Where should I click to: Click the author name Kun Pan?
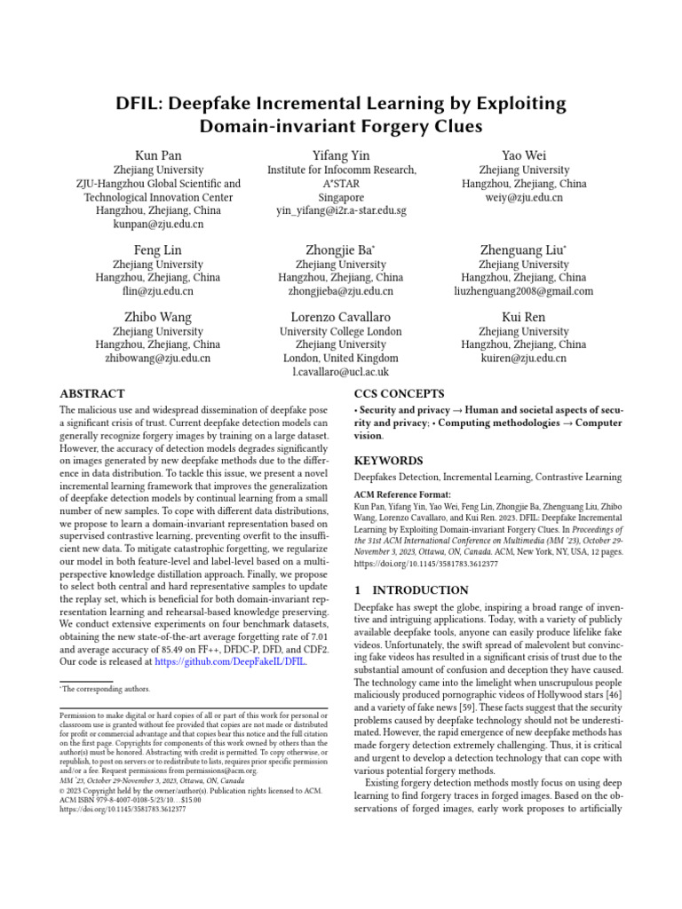coord(158,156)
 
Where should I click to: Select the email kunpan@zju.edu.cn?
coord(158,225)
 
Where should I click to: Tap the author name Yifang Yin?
coord(341,156)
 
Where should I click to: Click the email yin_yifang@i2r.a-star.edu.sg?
coord(341,211)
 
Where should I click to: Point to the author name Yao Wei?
coord(524,156)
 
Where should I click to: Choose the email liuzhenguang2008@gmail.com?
coord(524,291)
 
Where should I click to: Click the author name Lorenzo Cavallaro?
coord(341,317)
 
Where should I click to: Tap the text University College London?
coord(341,332)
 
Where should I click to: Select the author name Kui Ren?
coord(524,317)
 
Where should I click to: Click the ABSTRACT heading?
coord(92,393)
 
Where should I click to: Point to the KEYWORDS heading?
coord(389,461)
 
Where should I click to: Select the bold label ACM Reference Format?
coord(402,494)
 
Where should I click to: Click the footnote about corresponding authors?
coord(106,689)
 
